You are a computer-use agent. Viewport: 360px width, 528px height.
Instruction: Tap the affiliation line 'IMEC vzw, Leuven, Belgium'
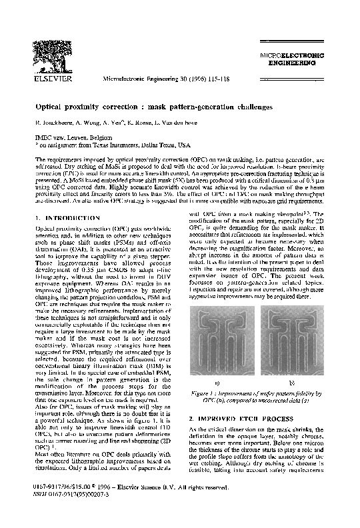point(73,137)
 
